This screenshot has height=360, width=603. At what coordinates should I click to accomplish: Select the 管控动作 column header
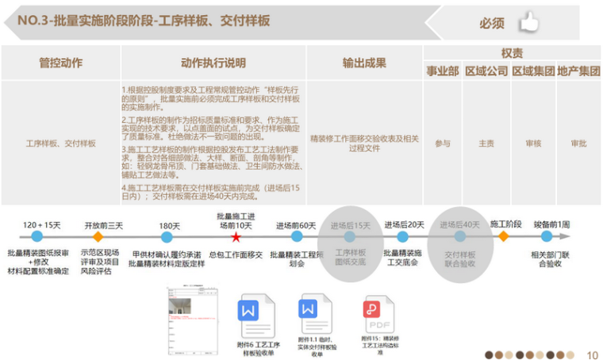coord(61,63)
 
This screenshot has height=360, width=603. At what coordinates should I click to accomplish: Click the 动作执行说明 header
coord(213,63)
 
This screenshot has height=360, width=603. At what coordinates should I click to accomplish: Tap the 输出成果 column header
coord(363,63)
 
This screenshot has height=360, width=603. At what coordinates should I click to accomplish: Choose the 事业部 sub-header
coord(443,71)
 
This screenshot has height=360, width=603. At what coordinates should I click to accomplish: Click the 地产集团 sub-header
coord(578,71)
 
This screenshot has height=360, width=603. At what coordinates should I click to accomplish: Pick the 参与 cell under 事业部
coord(443,144)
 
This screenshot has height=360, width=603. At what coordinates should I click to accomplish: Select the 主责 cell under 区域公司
coord(486,144)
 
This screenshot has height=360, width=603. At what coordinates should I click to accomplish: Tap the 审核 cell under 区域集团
coord(533,144)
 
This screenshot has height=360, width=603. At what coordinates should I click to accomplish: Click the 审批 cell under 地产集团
coord(578,144)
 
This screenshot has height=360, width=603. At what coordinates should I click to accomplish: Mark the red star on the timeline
coord(236,237)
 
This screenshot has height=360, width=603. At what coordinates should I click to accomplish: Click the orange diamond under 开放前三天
coord(98,236)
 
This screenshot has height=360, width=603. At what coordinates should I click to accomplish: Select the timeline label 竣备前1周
coord(551,224)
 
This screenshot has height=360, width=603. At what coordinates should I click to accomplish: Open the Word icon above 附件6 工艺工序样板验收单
coord(249,308)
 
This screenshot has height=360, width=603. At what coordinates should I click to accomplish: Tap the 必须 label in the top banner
coord(491,24)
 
